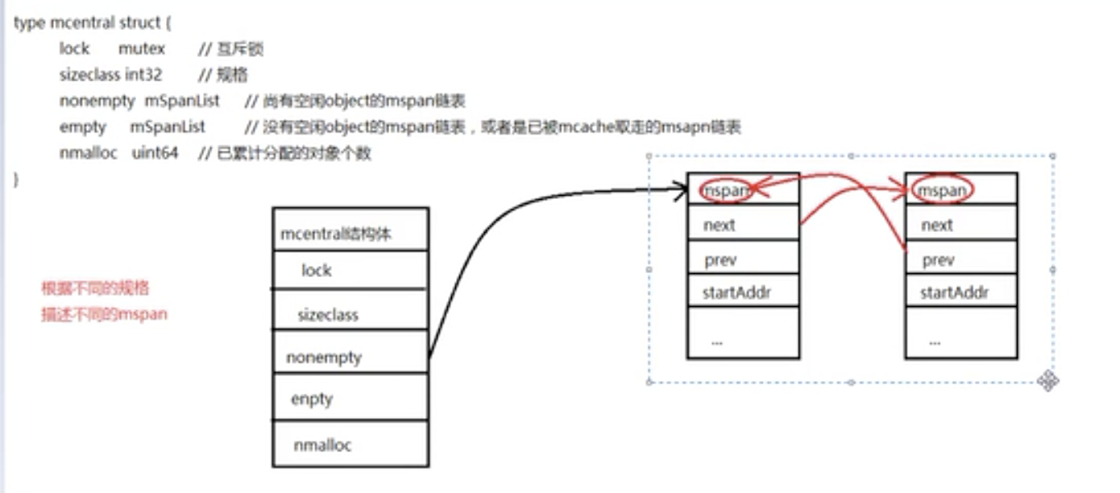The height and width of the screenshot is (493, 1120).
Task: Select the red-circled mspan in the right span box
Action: coord(943,191)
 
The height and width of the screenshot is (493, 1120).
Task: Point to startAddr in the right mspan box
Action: coord(954,292)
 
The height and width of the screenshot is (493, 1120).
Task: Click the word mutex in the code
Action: coord(142,49)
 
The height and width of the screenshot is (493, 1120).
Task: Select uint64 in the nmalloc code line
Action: coord(155,153)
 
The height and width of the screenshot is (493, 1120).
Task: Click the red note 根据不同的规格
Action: coord(95,288)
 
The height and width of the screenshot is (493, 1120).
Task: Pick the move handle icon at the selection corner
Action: coord(1048,380)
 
